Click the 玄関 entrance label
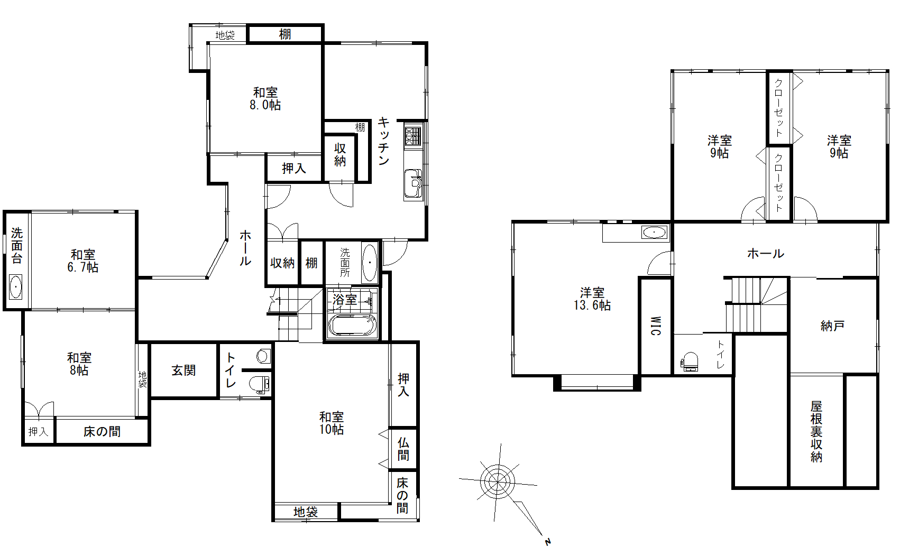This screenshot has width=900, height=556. pyautogui.click(x=183, y=370)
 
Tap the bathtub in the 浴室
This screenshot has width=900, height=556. pyautogui.click(x=352, y=325)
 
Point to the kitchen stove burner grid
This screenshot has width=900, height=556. pyautogui.click(x=413, y=136)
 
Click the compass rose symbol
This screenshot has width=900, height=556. pyautogui.click(x=498, y=481)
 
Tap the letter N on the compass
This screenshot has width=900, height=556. pyautogui.click(x=547, y=542)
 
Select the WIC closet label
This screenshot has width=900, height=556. pyautogui.click(x=655, y=326)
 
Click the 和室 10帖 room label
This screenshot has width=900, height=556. pyautogui.click(x=332, y=423)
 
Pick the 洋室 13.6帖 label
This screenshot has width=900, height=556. pyautogui.click(x=592, y=299)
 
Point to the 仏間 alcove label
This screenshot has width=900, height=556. pyautogui.click(x=403, y=449)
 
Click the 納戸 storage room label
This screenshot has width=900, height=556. pyautogui.click(x=832, y=326)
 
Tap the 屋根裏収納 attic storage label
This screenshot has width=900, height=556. pyautogui.click(x=816, y=432)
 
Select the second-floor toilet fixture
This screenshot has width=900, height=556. pyautogui.click(x=690, y=362)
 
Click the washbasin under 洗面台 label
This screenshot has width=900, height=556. pyautogui.click(x=16, y=286)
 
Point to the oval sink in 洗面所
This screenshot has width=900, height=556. pyautogui.click(x=369, y=263)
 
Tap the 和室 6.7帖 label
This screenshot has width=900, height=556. pyautogui.click(x=83, y=261)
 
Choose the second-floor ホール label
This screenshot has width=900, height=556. pyautogui.click(x=765, y=253)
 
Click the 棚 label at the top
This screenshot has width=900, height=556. pyautogui.click(x=285, y=34)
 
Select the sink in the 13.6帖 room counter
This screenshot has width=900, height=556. pyautogui.click(x=654, y=232)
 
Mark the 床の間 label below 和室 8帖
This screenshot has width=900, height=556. pyautogui.click(x=102, y=432)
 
